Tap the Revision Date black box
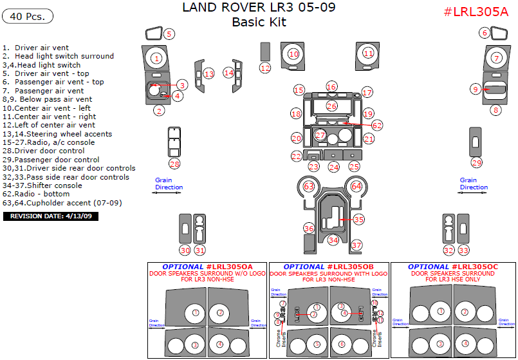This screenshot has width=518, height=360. (x=51, y=216)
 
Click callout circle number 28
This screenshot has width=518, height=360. (x=174, y=164)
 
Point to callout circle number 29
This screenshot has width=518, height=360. (x=476, y=163)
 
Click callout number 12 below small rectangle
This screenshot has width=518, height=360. (x=265, y=68)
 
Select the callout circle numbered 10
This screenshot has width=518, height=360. (x=294, y=54)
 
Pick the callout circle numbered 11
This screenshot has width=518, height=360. (x=368, y=53)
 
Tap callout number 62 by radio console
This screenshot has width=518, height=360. (x=377, y=125)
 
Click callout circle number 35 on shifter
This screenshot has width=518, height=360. (x=358, y=220)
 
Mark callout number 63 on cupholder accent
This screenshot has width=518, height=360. (x=309, y=186)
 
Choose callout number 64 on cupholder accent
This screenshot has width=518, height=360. (x=356, y=186)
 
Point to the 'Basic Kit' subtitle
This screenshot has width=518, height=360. (x=259, y=23)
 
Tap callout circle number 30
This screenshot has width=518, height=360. (x=185, y=251)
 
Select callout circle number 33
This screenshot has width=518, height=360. (x=463, y=251)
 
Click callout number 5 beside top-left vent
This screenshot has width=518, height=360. (x=169, y=34)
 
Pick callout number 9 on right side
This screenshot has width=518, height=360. (x=476, y=90)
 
